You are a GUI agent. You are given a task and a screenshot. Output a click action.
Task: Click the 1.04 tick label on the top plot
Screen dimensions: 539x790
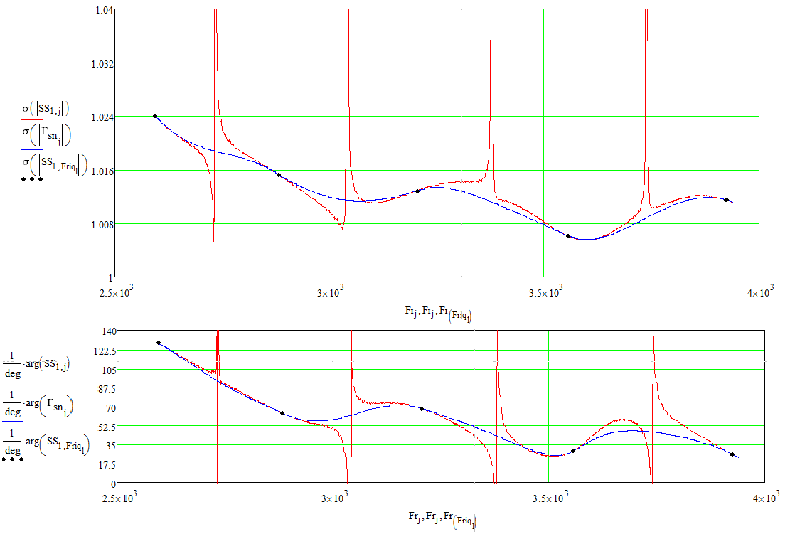coord(102,10)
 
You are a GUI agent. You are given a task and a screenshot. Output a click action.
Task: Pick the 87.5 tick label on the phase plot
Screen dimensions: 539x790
coord(107,388)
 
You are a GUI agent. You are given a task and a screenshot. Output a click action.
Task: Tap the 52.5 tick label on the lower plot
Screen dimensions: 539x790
coord(107,426)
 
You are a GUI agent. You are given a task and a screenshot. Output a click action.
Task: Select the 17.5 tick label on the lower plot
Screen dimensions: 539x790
coord(107,464)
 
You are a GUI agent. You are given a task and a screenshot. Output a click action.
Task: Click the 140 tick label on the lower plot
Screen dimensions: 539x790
coord(109,331)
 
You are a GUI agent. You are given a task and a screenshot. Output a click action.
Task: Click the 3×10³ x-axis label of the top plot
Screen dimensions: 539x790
coord(329,292)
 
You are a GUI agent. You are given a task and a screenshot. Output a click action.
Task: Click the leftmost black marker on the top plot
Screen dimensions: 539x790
coord(154,116)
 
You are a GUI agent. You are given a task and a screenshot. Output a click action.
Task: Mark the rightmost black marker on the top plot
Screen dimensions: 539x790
coord(726,200)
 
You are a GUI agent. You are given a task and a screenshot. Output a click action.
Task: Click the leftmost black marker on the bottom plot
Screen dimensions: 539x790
coord(159,343)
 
